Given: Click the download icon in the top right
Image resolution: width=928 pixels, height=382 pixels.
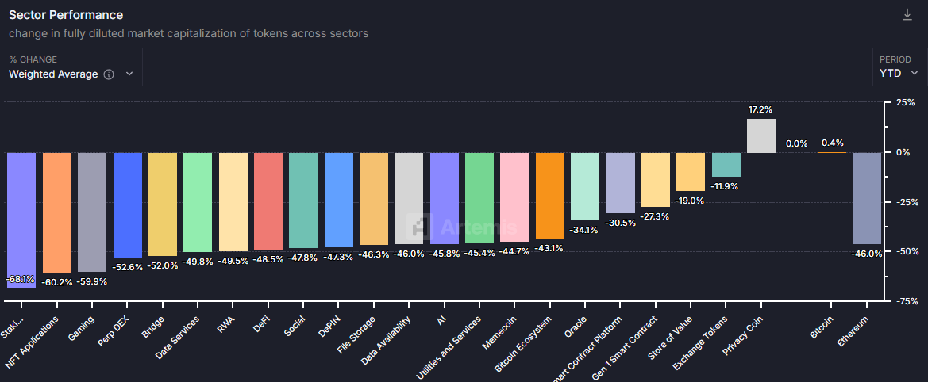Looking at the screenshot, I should point(907,15).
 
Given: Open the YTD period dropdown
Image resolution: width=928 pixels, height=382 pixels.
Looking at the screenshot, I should point(899,73).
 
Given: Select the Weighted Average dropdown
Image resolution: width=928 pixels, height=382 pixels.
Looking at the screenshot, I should point(71,74).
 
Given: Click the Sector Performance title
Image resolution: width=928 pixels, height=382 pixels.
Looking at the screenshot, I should point(66,15).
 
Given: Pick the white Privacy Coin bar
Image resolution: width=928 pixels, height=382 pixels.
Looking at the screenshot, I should point(761,136).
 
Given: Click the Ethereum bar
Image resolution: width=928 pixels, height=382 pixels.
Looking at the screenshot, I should point(866,198).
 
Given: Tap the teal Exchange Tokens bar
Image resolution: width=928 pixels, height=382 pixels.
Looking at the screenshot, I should point(726,165).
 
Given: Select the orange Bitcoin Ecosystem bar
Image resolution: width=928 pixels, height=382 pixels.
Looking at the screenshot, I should point(550,195).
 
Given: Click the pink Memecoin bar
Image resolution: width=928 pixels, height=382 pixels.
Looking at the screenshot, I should point(514,197).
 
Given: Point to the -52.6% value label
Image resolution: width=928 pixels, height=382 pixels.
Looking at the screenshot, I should point(127,267).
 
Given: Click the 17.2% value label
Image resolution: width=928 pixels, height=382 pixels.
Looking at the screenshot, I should point(760,109).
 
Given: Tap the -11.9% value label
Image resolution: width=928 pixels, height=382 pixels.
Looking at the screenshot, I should point(726,186).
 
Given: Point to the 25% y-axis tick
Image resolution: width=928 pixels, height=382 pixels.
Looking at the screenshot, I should point(904,103).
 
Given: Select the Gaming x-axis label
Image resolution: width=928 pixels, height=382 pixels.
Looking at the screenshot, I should point(82,329).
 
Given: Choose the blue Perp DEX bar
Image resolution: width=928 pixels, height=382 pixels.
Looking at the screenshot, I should point(127,204).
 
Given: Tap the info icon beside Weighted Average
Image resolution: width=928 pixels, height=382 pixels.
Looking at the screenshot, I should point(109,74).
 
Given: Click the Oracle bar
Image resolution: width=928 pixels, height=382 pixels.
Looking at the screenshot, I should point(585,186).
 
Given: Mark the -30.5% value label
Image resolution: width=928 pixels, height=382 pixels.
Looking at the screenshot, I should point(620,223).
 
